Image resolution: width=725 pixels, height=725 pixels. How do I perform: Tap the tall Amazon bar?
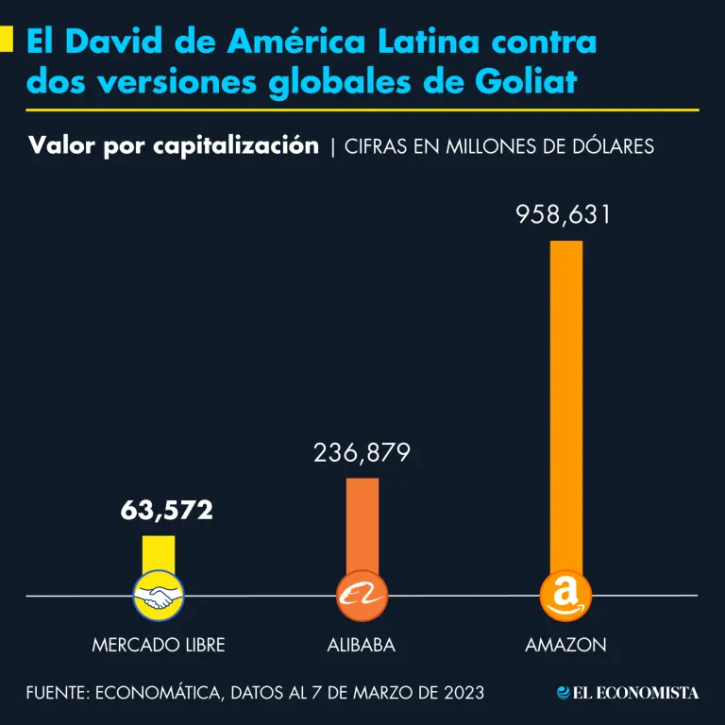(x=565, y=406)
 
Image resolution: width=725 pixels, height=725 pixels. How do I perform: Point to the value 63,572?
(x=166, y=512)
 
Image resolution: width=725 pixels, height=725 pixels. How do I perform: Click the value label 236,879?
(x=362, y=454)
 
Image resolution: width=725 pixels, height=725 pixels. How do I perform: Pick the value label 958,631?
(x=564, y=215)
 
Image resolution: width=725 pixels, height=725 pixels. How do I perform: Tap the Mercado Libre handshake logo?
(x=159, y=597)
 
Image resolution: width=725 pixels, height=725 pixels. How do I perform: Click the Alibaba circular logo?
(x=362, y=597)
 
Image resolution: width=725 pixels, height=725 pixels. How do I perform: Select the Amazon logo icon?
(x=565, y=597)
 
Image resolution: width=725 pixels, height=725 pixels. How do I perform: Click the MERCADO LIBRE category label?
(x=159, y=646)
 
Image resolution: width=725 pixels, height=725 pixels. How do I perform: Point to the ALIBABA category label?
(x=361, y=646)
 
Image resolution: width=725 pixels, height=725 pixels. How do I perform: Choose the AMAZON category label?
(x=565, y=646)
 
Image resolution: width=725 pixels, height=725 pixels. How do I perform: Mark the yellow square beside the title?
(x=6, y=40)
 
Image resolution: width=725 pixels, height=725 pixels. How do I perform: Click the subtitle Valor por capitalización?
(x=173, y=146)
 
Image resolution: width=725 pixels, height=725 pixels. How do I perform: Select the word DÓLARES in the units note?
(x=609, y=147)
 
